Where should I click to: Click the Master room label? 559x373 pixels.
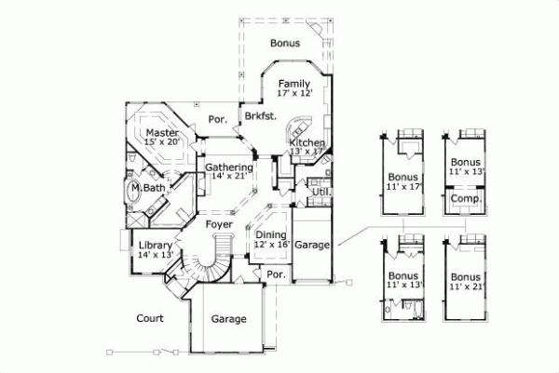162,133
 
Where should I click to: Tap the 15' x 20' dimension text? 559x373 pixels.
162,143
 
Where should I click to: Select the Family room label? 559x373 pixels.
293,84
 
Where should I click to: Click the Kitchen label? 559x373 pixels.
307,141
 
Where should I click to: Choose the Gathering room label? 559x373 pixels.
229,167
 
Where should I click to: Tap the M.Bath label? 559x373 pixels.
148,189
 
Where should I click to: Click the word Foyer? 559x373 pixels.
219,224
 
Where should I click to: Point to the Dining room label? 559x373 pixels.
271,234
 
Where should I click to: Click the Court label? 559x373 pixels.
149,318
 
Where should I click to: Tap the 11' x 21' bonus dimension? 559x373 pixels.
464,286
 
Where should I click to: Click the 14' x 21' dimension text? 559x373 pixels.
229,178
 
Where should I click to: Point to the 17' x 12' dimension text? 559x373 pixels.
293,94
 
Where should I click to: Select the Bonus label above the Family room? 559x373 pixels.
284,43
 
